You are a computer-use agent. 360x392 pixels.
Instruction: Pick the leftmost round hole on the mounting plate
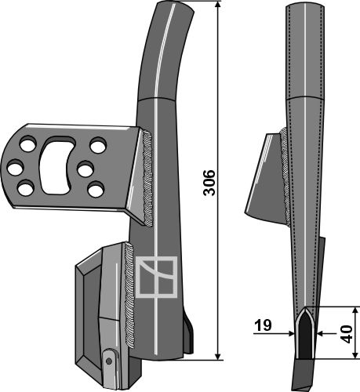pyautogui.click(x=14, y=167)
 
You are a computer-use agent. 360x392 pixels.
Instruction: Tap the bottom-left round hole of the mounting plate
pyautogui.click(x=26, y=188)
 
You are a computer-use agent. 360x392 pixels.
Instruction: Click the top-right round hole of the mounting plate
pyautogui.click(x=97, y=145)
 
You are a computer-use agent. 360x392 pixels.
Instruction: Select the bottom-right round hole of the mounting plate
pyautogui.click(x=96, y=189)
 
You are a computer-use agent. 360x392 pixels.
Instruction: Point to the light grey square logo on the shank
pyautogui.click(x=157, y=277)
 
